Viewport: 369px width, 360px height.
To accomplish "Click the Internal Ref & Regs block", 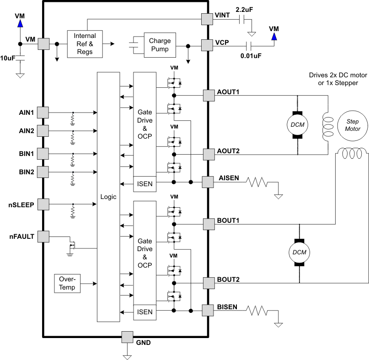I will coord(85,44).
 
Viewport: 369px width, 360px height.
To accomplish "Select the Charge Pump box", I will coord(160,45).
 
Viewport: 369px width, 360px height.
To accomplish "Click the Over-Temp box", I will coord(67,284).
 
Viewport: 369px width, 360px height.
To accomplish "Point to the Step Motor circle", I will coord(353,125).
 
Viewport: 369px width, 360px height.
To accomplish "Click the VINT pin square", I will coord(208,19).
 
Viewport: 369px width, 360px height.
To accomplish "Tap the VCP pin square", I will coord(208,46).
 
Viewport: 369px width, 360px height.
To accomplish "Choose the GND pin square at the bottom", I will coord(127,337).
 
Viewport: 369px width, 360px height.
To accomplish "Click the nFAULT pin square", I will coord(43,236).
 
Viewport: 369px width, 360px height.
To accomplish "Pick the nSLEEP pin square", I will coord(43,204).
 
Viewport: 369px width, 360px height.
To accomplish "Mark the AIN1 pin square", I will coord(43,112).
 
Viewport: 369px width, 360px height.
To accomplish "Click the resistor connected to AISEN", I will coord(257,183).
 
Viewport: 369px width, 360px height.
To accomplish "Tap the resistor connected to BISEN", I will coord(257,311).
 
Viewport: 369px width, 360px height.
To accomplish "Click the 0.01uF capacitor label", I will coord(251,56).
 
